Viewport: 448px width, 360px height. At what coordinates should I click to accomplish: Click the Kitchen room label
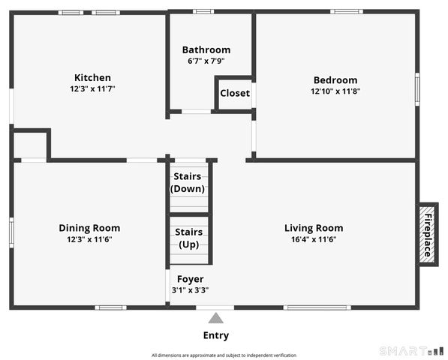coord(92,78)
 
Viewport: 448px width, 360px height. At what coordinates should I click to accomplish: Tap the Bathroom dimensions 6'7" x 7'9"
coord(206,61)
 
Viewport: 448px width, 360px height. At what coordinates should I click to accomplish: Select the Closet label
coord(235,93)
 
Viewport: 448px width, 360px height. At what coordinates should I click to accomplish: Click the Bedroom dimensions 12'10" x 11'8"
coord(335,91)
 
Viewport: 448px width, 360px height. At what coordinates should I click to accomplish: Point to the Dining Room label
coord(89,228)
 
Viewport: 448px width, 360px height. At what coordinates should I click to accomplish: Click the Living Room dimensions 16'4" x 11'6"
coord(314,239)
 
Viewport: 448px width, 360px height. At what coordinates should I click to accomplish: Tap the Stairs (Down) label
coord(188,183)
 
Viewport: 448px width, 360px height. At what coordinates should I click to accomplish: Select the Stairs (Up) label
coord(189,238)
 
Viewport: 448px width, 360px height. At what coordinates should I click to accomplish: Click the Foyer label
coord(191,279)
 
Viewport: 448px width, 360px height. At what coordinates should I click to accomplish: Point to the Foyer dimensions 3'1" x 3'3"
coord(191,290)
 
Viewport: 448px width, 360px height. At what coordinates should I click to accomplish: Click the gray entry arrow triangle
coord(215,318)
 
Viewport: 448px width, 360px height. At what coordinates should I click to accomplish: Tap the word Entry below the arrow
coord(216,335)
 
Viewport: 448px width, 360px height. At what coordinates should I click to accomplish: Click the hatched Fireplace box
coord(427,235)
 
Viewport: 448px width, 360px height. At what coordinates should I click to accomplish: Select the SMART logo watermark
coord(412,351)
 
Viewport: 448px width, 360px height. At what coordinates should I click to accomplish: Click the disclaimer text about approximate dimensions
coord(224,355)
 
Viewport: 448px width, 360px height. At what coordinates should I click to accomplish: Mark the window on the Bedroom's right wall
coord(417,89)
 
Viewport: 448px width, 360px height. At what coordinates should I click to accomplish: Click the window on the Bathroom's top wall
coord(203,12)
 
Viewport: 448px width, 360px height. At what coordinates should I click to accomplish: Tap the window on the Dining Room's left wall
coord(11,232)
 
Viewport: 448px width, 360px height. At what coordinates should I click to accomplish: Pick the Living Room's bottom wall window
coord(317,307)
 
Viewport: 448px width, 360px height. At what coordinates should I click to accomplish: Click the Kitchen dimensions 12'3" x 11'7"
coord(92,88)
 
